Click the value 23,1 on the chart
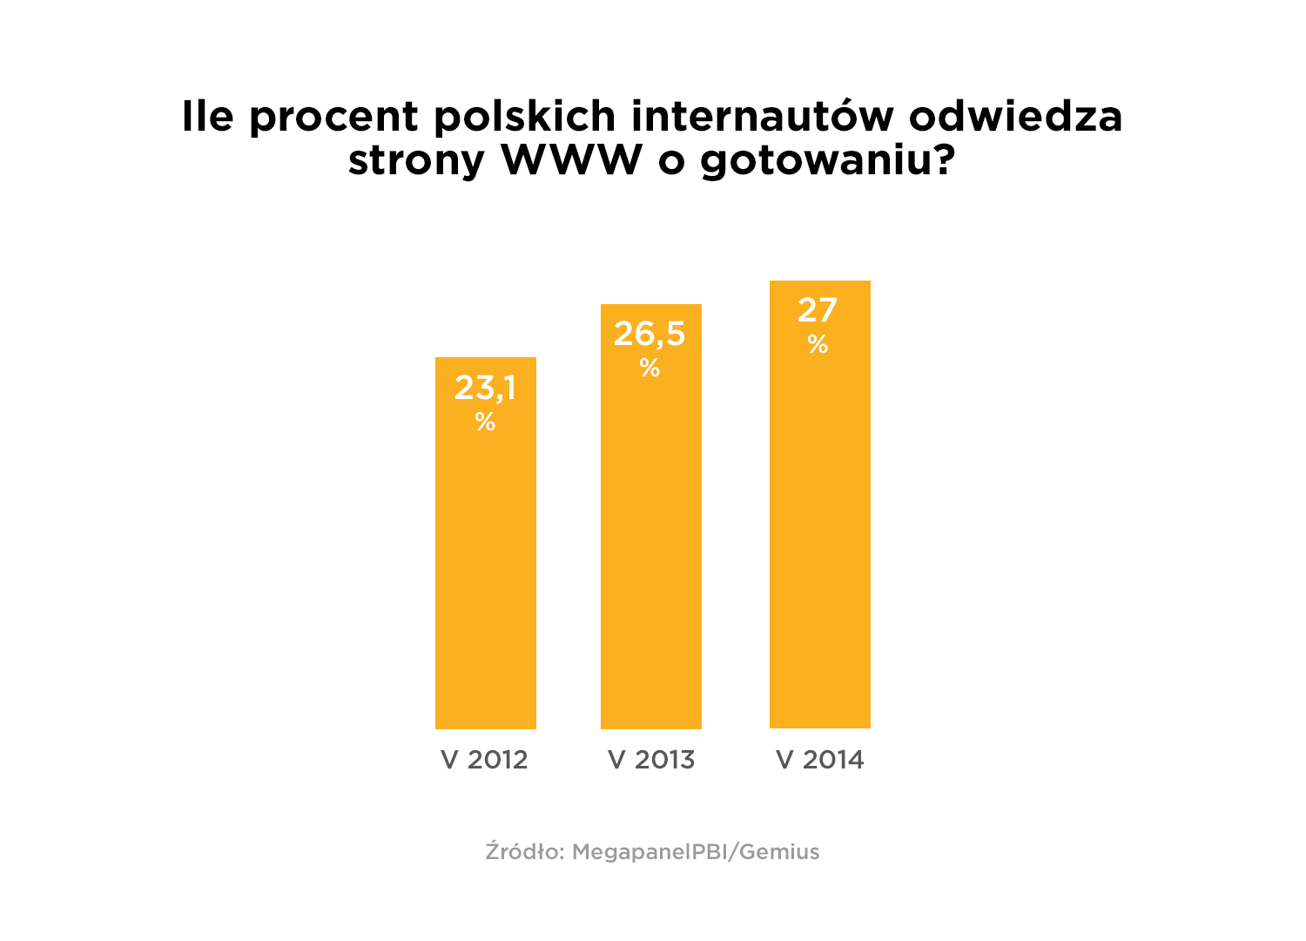pyautogui.click(x=485, y=388)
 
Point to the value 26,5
pyautogui.click(x=650, y=334)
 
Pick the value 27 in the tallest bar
pyautogui.click(x=818, y=310)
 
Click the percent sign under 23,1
pyautogui.click(x=485, y=423)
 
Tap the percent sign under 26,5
pyautogui.click(x=650, y=369)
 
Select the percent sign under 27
pyautogui.click(x=818, y=345)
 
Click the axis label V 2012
pyautogui.click(x=485, y=760)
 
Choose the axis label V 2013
pyautogui.click(x=651, y=760)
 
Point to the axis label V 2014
pyautogui.click(x=820, y=760)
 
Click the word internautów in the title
pyautogui.click(x=763, y=116)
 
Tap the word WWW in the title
pyautogui.click(x=571, y=159)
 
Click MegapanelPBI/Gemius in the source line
pyautogui.click(x=696, y=852)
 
